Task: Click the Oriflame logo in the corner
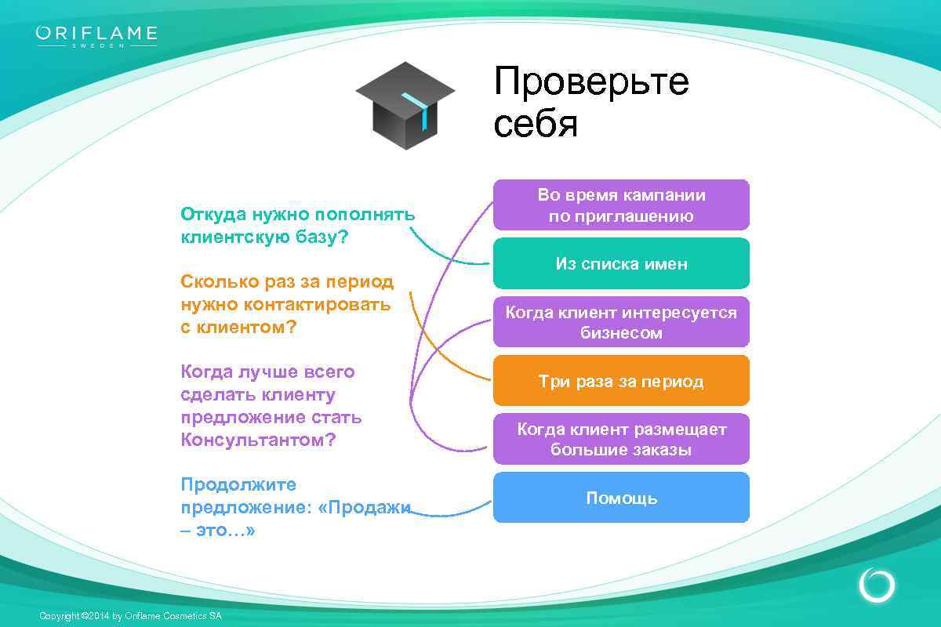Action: tap(96, 36)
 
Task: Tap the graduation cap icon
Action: tap(405, 106)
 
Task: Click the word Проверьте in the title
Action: tap(591, 82)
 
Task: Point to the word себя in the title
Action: tap(536, 124)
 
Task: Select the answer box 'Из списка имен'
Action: tap(621, 264)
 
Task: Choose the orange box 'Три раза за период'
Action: tap(621, 382)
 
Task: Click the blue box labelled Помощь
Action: tap(621, 498)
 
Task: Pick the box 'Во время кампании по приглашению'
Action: tap(621, 205)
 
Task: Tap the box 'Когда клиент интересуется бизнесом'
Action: tap(621, 322)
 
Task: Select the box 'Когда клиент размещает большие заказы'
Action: tap(621, 440)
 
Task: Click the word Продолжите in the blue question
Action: tap(238, 484)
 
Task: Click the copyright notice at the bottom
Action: tap(130, 616)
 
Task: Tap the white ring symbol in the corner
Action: tap(877, 585)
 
